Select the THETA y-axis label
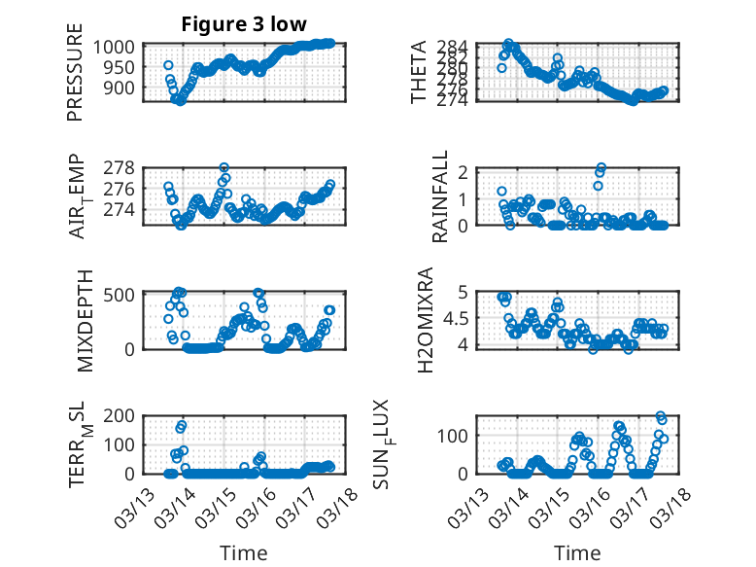coord(420,73)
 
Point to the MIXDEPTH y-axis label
coord(83,320)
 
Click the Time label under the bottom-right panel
coord(578,553)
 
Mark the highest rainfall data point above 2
coord(601,168)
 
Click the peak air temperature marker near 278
coord(224,168)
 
